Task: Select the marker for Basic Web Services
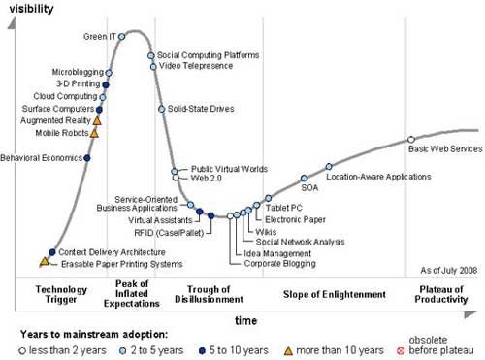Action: click(411, 140)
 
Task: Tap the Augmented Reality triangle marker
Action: click(97, 121)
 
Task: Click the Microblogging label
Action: click(77, 73)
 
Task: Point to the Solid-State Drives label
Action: click(201, 109)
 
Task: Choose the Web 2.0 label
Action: click(205, 180)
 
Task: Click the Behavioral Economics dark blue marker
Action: click(87, 157)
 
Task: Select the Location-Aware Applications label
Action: click(378, 178)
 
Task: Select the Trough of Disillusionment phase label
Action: click(206, 295)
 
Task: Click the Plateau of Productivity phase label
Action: click(442, 295)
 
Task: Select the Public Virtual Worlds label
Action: click(229, 169)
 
